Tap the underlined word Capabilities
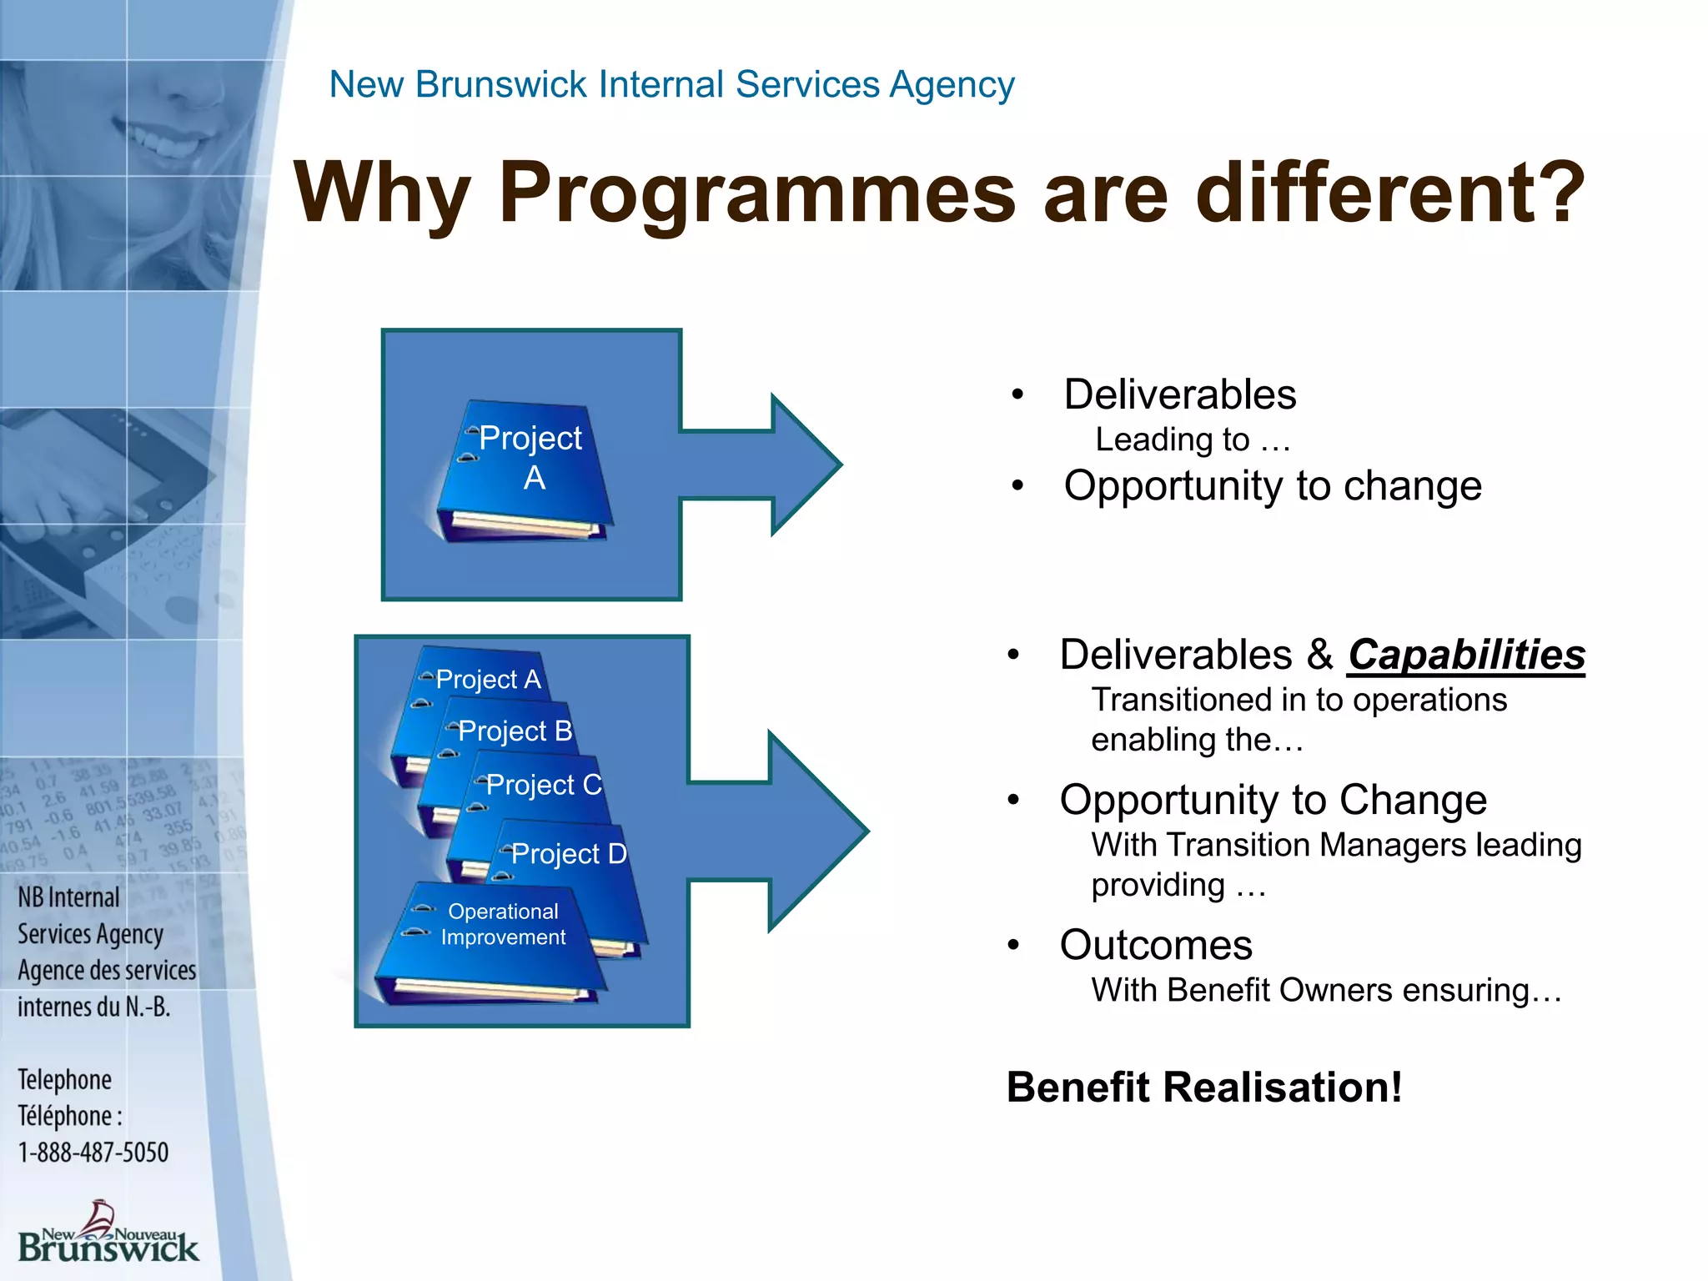click(1466, 655)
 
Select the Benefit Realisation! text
click(1204, 1088)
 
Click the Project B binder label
click(515, 731)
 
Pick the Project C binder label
click(543, 785)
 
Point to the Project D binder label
click(568, 853)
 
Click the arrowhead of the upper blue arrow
click(805, 465)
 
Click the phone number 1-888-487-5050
click(93, 1153)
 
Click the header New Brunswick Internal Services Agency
click(671, 84)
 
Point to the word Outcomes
click(1156, 945)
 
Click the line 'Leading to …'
click(1193, 440)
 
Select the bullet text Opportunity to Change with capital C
click(1273, 800)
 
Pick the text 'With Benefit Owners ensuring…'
click(1326, 991)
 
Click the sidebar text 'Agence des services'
click(107, 970)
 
